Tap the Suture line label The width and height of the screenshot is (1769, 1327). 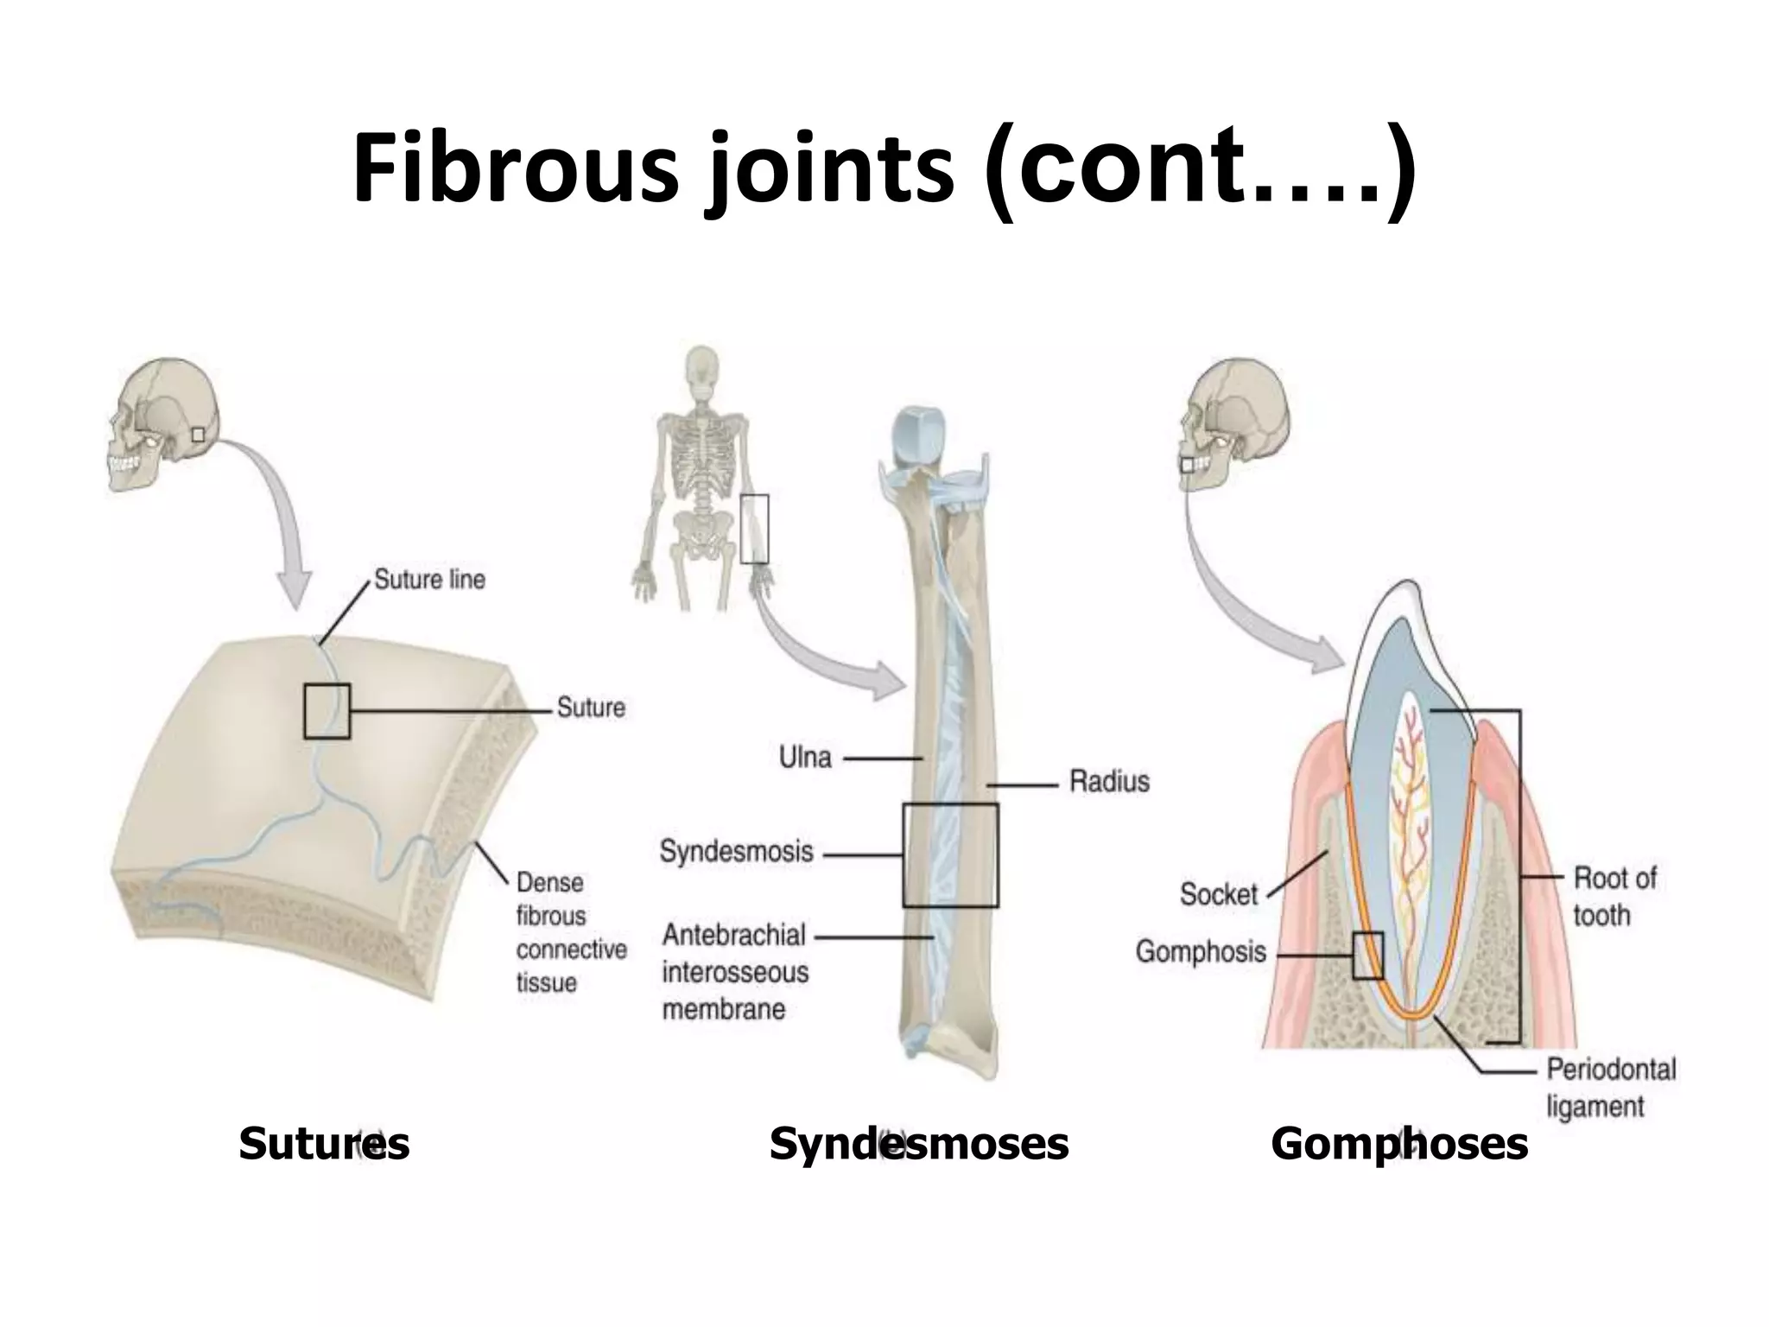click(429, 579)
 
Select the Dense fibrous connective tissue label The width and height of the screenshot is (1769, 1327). click(570, 932)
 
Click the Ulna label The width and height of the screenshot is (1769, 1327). click(805, 758)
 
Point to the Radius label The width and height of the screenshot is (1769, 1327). click(1109, 781)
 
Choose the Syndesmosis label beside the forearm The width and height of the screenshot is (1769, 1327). click(736, 851)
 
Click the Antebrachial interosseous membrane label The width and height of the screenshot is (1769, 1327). click(734, 972)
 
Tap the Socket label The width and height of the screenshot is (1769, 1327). click(1218, 892)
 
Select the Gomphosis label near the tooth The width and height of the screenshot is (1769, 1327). click(1200, 951)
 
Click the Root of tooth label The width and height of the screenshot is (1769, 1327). click(1614, 896)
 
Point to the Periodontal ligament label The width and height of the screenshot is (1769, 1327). click(1610, 1088)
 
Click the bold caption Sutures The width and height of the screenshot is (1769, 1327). click(324, 1144)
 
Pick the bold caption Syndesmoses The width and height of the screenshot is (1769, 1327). click(918, 1144)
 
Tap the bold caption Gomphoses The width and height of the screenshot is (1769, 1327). click(1398, 1144)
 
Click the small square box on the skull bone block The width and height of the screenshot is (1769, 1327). click(327, 711)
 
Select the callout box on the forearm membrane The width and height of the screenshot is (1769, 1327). click(950, 855)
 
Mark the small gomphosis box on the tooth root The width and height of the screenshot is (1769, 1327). click(1367, 956)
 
